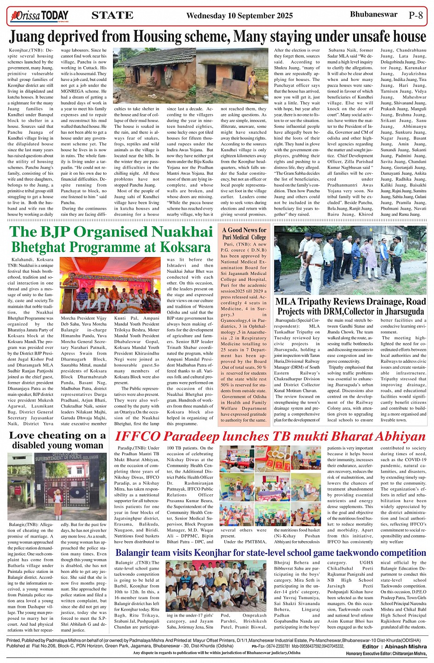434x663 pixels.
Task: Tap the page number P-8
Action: click(x=416, y=15)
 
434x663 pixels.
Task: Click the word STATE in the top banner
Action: click(x=113, y=16)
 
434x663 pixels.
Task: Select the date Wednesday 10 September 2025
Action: click(x=239, y=16)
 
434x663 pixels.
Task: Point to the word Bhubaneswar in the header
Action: click(x=373, y=14)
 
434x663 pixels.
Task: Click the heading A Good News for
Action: click(x=244, y=230)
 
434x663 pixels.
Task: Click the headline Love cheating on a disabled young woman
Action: click(x=57, y=440)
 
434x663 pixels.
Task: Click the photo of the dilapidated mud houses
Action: click(x=191, y=75)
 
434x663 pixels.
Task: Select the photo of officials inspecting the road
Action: click(x=350, y=260)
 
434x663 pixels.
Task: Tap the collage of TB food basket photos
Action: click(x=270, y=486)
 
